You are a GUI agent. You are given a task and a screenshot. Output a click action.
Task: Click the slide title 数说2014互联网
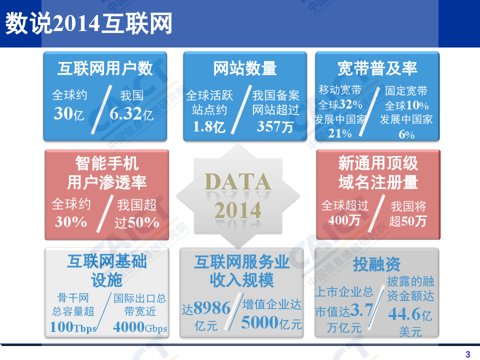(x=88, y=24)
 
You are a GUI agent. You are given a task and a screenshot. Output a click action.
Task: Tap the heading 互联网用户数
(x=105, y=68)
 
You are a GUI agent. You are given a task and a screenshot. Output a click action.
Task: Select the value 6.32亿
(x=131, y=114)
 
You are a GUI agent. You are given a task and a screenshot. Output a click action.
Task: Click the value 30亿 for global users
(x=69, y=114)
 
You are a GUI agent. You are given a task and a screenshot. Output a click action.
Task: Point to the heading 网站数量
(x=245, y=68)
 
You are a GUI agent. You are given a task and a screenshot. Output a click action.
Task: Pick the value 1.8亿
(x=209, y=126)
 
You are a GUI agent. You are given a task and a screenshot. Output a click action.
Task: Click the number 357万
(x=275, y=126)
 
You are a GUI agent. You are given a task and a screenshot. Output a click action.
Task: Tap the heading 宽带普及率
(x=377, y=68)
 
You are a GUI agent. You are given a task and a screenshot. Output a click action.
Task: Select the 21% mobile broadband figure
(x=340, y=133)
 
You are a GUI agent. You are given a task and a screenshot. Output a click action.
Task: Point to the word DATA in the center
(x=238, y=182)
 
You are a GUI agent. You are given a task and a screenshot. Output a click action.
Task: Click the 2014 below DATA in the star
(x=238, y=210)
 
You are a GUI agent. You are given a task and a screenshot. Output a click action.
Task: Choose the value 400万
(x=344, y=219)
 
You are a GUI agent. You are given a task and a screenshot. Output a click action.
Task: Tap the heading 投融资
(x=377, y=264)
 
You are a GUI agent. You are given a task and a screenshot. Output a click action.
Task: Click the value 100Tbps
(x=73, y=327)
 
